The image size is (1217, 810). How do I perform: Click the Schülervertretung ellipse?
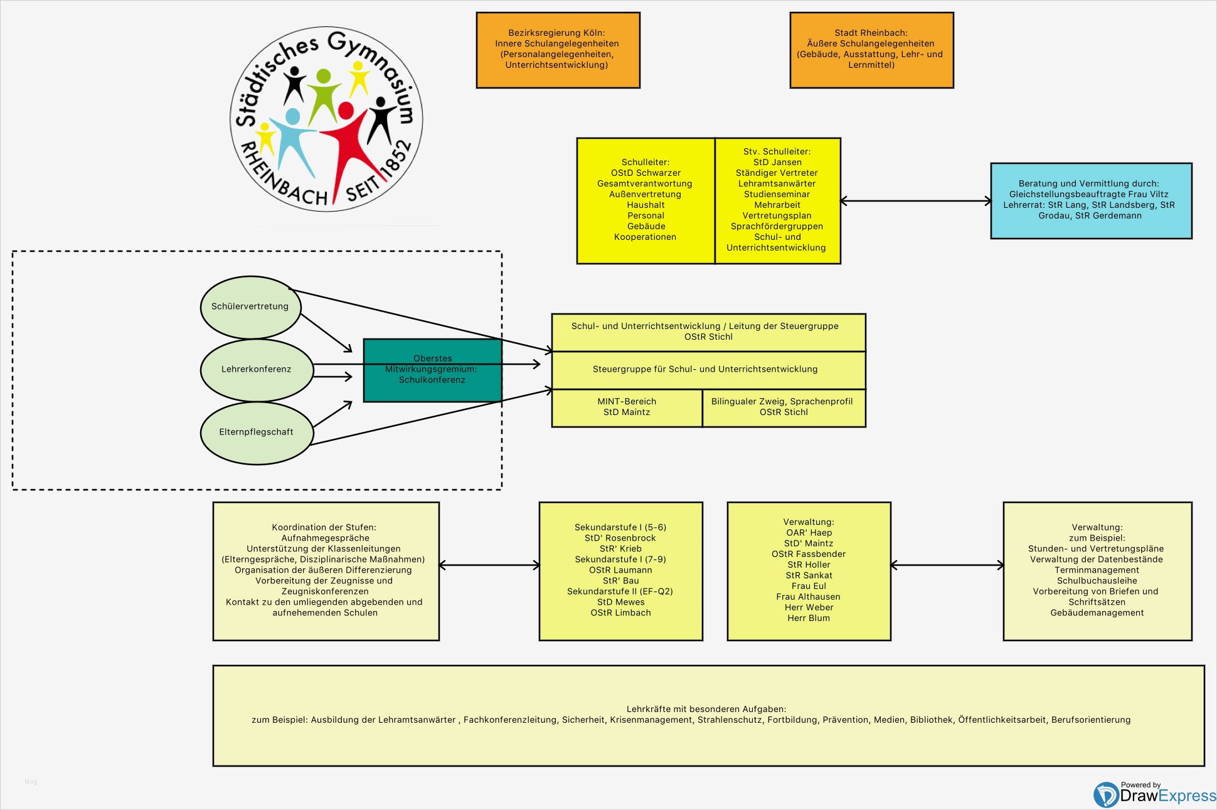[250, 307]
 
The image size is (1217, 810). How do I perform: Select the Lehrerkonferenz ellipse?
[256, 370]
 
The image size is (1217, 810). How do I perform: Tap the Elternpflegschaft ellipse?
[256, 433]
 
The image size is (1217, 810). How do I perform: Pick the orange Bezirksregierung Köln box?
[558, 50]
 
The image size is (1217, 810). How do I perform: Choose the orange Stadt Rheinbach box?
[871, 50]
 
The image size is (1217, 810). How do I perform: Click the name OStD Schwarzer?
[646, 173]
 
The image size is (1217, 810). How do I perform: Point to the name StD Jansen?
[777, 162]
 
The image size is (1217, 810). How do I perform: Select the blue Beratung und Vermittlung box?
[1091, 200]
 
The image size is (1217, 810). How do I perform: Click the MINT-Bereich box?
[627, 408]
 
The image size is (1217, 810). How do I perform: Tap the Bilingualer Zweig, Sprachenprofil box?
[784, 408]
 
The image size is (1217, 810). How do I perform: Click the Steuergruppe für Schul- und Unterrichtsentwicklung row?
[705, 369]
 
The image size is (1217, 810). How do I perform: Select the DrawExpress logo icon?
[1105, 795]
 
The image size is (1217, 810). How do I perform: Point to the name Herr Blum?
[809, 618]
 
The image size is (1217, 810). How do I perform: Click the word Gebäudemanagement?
[1097, 613]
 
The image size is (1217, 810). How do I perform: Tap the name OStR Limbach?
[620, 613]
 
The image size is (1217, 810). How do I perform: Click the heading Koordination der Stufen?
[324, 527]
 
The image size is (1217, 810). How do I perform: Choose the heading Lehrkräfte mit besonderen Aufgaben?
[706, 709]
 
